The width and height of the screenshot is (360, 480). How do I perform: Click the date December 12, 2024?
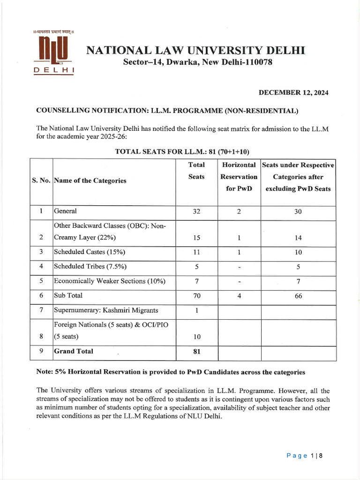[x=293, y=93]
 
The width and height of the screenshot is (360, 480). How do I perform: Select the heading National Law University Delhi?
[x=195, y=50]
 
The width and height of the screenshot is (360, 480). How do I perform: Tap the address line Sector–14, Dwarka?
[x=197, y=62]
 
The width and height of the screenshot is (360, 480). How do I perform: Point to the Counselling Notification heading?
[x=167, y=111]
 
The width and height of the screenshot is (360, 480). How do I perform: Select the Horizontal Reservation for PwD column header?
[x=239, y=177]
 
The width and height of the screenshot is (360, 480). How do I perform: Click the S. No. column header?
[x=41, y=180]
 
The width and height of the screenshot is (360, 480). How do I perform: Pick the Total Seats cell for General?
[x=196, y=211]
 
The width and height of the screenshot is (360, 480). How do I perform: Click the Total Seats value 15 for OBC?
[x=196, y=238]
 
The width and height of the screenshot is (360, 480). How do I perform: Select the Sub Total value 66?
[x=298, y=296]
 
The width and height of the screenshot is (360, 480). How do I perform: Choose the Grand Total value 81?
[x=196, y=352]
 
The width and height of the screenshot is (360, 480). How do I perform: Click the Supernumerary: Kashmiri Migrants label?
[x=106, y=310]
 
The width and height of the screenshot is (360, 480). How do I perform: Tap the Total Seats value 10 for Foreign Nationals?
[x=196, y=337]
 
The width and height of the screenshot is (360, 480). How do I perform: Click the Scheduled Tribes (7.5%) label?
[x=90, y=267]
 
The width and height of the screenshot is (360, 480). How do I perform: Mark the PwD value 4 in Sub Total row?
[x=239, y=296]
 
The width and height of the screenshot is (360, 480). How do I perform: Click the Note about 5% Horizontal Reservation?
[x=171, y=372]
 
